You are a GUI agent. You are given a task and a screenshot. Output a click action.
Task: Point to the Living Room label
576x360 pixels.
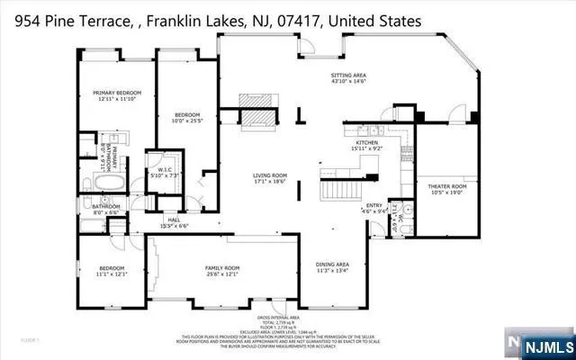point(267,175)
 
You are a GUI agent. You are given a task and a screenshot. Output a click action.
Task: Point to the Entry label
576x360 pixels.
point(374,205)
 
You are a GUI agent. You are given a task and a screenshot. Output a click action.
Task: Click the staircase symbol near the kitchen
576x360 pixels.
point(337,190)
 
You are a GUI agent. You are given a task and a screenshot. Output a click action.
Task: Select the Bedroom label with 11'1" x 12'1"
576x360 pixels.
point(112,268)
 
